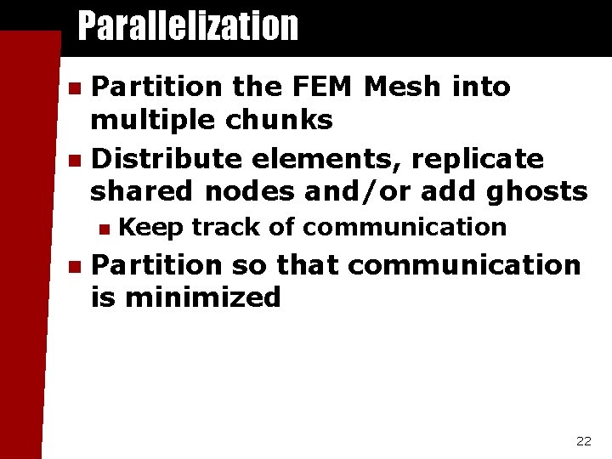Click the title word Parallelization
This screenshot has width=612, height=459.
click(188, 26)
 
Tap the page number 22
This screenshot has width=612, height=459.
click(583, 440)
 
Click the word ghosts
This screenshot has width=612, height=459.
click(537, 192)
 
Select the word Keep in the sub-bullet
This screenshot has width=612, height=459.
click(150, 228)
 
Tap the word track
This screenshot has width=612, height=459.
click(219, 228)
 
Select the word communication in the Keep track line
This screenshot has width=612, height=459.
click(405, 228)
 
